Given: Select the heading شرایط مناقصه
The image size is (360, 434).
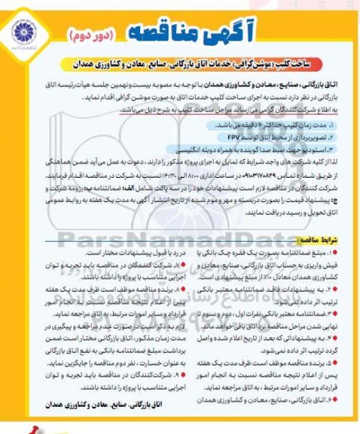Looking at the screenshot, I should pyautogui.click(x=324, y=239).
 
